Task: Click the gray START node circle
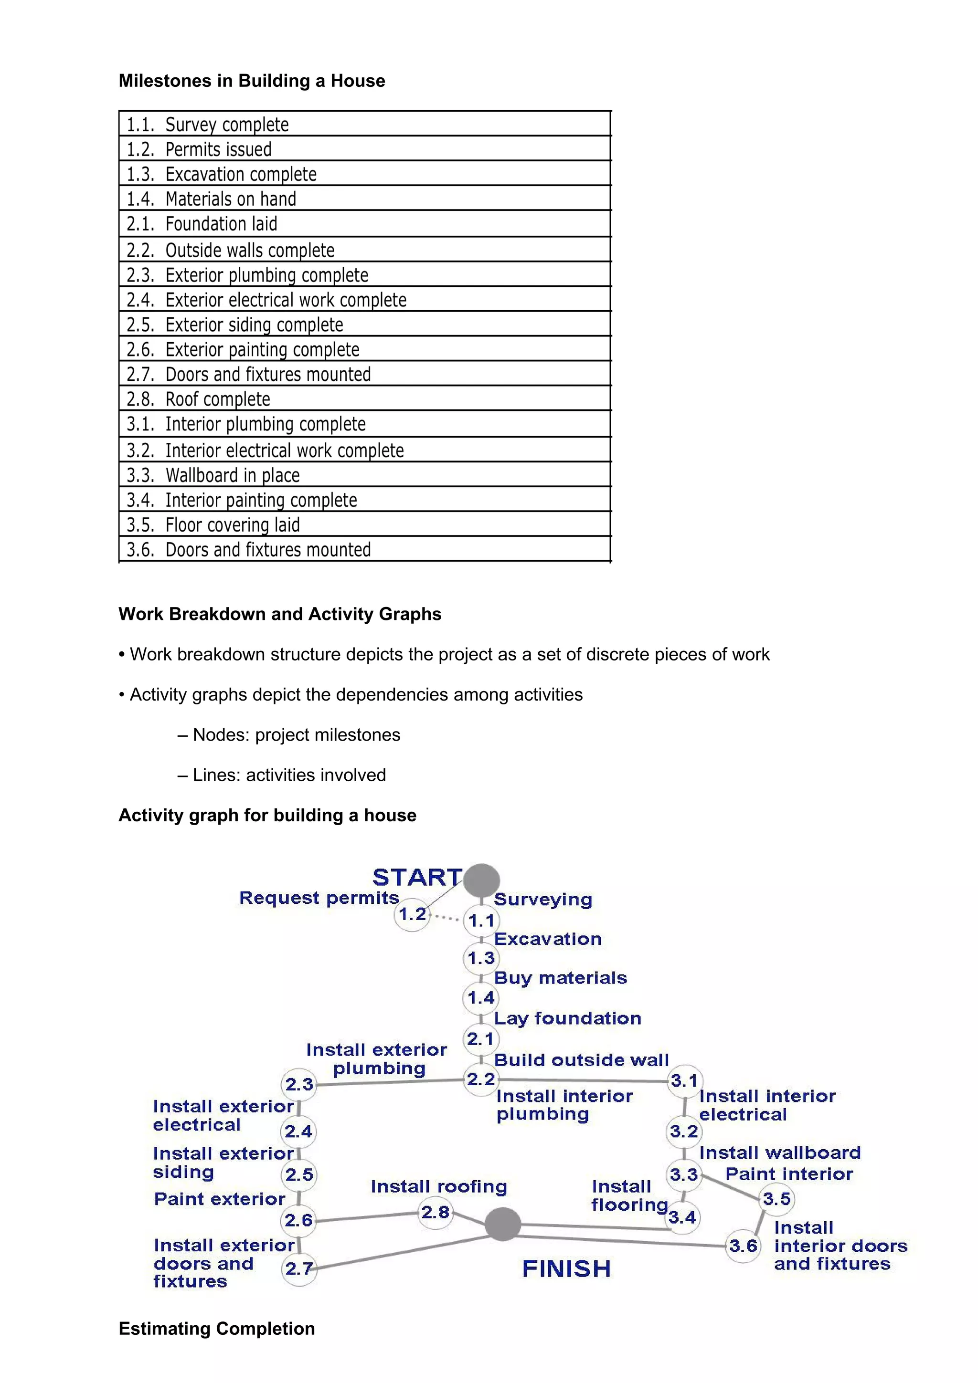[x=481, y=880]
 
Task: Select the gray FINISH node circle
[x=502, y=1224]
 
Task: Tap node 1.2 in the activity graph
[x=412, y=914]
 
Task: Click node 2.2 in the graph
[x=481, y=1079]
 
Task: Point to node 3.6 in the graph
[x=743, y=1246]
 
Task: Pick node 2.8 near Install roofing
[x=435, y=1212]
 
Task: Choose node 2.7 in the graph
[x=299, y=1268]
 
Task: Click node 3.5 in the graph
[x=776, y=1199]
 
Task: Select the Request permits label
[x=319, y=898]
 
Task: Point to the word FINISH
[x=566, y=1268]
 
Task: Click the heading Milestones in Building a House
[x=252, y=81]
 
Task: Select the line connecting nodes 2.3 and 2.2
[x=389, y=1082]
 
